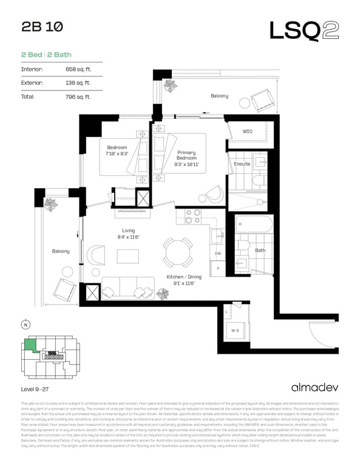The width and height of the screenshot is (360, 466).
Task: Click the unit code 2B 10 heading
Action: point(41,27)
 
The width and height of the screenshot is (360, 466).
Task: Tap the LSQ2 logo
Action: point(304,30)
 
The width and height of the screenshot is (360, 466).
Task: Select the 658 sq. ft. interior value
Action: point(78,69)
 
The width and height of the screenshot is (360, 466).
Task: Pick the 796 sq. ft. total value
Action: point(78,96)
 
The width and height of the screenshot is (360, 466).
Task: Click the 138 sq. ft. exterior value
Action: point(78,83)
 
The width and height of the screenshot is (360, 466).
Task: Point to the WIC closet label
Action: point(247,131)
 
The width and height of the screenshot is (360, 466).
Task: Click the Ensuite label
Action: point(242,164)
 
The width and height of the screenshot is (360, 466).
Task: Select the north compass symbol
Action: point(25,324)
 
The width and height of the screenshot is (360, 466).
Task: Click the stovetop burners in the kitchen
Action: point(193,216)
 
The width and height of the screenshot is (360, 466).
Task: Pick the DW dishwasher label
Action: point(218,253)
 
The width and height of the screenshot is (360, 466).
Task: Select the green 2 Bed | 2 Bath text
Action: point(46,55)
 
